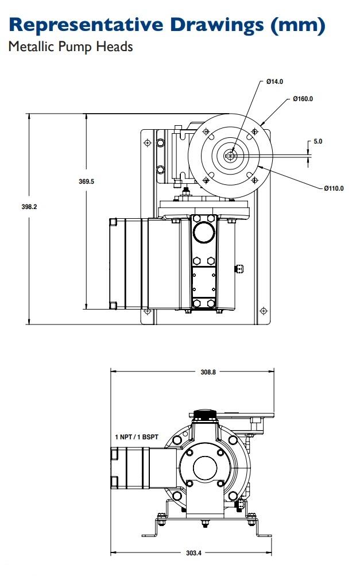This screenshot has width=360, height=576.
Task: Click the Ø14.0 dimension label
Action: pyautogui.click(x=275, y=82)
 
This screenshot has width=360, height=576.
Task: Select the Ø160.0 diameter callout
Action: pyautogui.click(x=303, y=99)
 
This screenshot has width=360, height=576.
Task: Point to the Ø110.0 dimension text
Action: pyautogui.click(x=334, y=188)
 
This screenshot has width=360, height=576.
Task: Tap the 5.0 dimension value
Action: pyautogui.click(x=318, y=141)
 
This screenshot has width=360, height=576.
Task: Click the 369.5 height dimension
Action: pyautogui.click(x=86, y=181)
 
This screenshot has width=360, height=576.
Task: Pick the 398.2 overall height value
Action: pyautogui.click(x=29, y=207)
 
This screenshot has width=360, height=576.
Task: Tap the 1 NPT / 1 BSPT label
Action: pyautogui.click(x=137, y=438)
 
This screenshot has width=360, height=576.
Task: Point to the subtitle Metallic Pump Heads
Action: pyautogui.click(x=70, y=47)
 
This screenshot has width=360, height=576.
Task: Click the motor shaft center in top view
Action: pyautogui.click(x=230, y=155)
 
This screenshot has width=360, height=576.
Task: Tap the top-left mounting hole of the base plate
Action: pyautogui.click(x=148, y=142)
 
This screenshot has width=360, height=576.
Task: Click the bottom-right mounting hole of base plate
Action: pyautogui.click(x=264, y=311)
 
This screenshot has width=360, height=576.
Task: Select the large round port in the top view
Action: pyautogui.click(x=204, y=232)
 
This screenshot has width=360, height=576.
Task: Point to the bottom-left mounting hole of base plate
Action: pyautogui.click(x=148, y=311)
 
